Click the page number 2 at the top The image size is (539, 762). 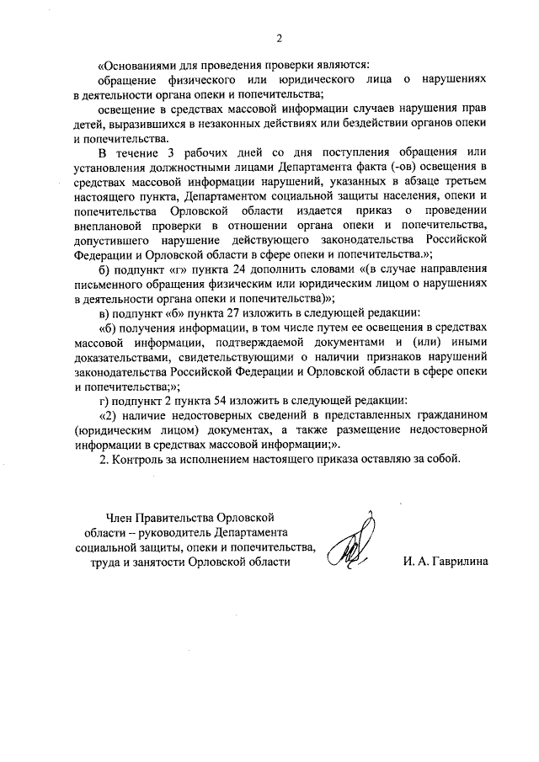pos(278,37)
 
